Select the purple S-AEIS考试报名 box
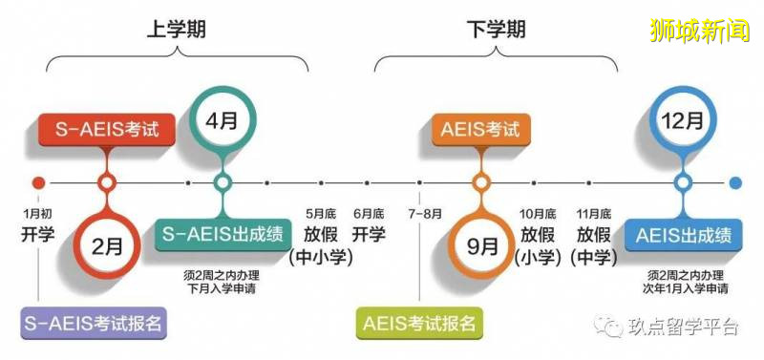pyautogui.click(x=93, y=323)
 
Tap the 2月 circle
pyautogui.click(x=107, y=246)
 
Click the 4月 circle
pyautogui.click(x=221, y=122)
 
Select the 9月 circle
pyautogui.click(x=480, y=246)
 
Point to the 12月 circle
pyautogui.click(x=683, y=122)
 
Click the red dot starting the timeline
pyautogui.click(x=38, y=182)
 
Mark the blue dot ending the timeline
pyautogui.click(x=734, y=182)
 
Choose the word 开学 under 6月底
pyautogui.click(x=369, y=234)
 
